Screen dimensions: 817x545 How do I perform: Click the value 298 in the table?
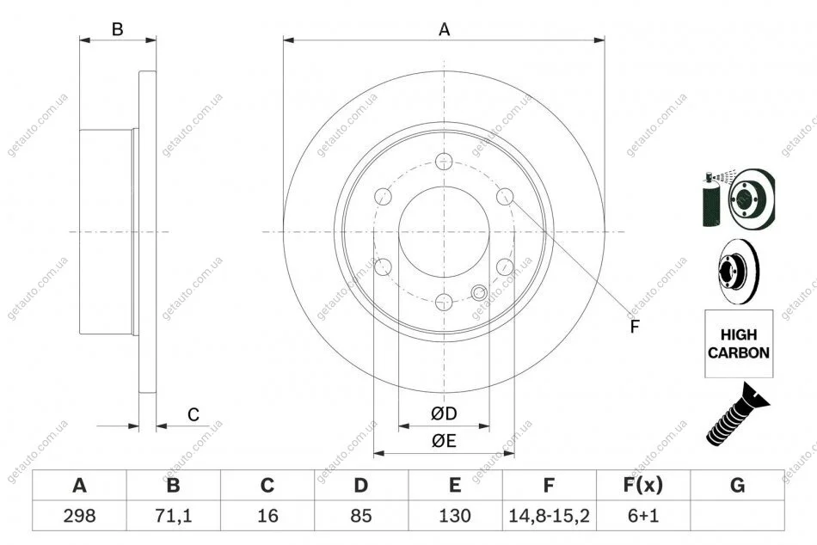click(79, 516)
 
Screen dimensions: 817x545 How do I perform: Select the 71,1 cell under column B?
click(173, 516)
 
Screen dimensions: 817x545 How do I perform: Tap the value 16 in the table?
click(267, 516)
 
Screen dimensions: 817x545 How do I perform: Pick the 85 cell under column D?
click(360, 516)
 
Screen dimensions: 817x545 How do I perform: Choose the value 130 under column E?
click(455, 516)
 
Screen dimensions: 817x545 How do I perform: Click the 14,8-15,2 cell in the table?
click(548, 516)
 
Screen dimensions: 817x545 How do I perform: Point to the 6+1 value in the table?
click(643, 516)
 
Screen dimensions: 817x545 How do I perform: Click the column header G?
click(737, 485)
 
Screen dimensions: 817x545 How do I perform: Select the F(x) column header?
click(643, 485)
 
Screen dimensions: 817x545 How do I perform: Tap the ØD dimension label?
click(444, 413)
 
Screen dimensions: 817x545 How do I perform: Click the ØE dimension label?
click(444, 441)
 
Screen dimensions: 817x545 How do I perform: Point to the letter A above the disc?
click(444, 30)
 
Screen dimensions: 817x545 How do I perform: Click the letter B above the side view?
click(118, 29)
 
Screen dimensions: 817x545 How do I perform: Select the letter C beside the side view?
click(193, 414)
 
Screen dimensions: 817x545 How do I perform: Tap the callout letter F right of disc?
click(634, 327)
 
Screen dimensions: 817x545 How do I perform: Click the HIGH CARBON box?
click(739, 344)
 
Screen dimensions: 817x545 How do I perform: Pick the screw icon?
click(737, 414)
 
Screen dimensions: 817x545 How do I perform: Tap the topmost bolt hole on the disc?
click(444, 162)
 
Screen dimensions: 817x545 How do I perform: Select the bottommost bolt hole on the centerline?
click(444, 302)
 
